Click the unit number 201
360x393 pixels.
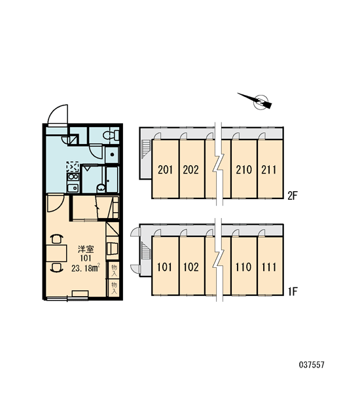pos(166,170)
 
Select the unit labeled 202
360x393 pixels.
pos(191,170)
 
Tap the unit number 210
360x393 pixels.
pos(243,170)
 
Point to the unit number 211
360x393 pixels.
pos(269,170)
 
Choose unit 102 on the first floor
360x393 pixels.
pos(191,267)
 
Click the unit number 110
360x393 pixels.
pos(243,267)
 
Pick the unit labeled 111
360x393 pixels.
pos(269,267)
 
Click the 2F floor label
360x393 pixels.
pos(292,196)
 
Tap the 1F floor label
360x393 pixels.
pos(292,291)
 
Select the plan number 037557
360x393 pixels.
pos(312,364)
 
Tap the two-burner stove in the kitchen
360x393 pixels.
pos(73,177)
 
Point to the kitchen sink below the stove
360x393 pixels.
pos(73,188)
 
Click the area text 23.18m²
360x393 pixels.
pos(86,269)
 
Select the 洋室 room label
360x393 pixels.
pos(86,250)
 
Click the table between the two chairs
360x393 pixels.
pos(56,253)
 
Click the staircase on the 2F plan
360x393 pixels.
pos(145,149)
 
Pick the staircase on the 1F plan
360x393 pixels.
pos(145,251)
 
